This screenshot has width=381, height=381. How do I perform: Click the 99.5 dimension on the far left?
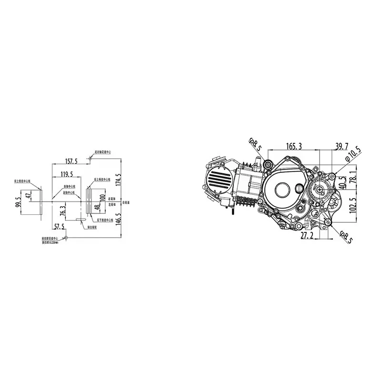pos(18,202)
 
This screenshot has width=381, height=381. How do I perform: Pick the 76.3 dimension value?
pos(63,210)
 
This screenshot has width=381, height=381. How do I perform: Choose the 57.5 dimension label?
pos(59,227)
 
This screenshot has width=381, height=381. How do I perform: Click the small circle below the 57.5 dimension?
pos(66,236)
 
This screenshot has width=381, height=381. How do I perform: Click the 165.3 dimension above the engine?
pos(294,146)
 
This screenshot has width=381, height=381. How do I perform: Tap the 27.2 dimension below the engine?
pos(307,235)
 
